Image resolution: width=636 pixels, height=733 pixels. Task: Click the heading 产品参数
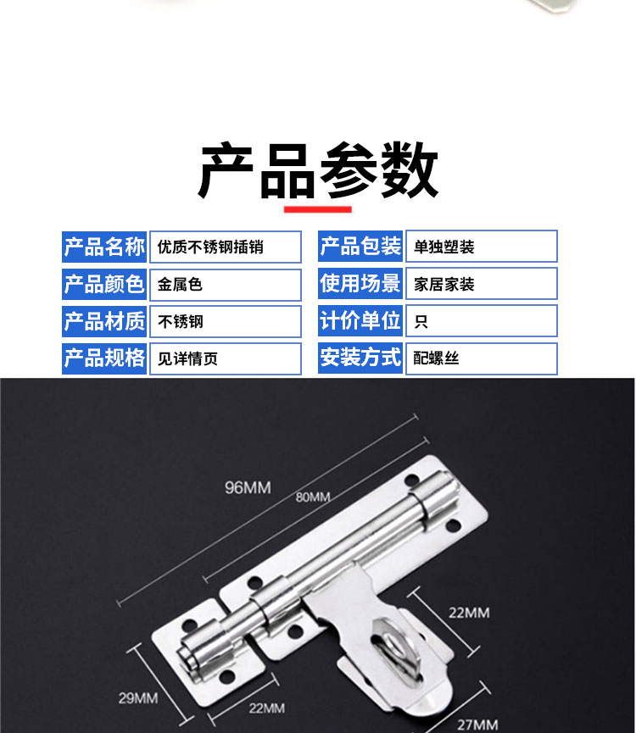[x=318, y=170]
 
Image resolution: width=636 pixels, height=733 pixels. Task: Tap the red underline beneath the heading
[x=317, y=209]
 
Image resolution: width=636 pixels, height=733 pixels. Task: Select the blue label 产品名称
[x=104, y=247]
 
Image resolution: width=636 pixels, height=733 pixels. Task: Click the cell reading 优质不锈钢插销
[x=226, y=247]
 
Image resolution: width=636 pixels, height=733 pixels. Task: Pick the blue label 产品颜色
[x=104, y=284]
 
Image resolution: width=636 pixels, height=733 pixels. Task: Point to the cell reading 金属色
[x=226, y=284]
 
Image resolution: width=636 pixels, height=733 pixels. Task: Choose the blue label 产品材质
[x=104, y=322]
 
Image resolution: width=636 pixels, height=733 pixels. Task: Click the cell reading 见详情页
[x=226, y=358]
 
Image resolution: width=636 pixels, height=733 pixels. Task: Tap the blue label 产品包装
[x=360, y=246]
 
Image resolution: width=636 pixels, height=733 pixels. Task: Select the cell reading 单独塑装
[x=482, y=246]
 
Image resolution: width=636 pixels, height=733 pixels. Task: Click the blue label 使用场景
[x=360, y=283]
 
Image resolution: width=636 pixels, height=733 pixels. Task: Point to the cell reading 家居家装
[x=482, y=283]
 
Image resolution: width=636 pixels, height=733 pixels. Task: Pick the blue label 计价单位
[x=360, y=320]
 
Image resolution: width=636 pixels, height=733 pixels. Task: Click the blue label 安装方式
[x=360, y=358]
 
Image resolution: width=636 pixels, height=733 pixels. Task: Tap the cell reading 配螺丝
[x=482, y=358]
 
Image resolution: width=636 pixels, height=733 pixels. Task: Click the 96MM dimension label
[x=248, y=487]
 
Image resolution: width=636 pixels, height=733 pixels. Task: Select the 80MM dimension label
[x=313, y=497]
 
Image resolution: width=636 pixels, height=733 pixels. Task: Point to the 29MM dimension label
[x=138, y=698]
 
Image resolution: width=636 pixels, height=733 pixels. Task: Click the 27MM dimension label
[x=477, y=725]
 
